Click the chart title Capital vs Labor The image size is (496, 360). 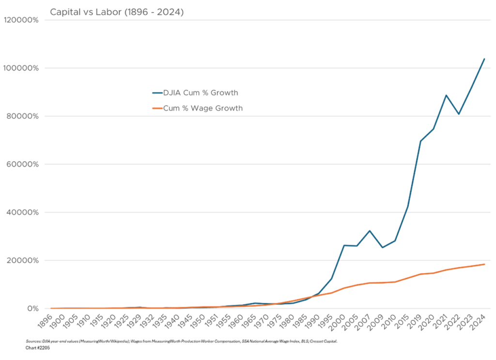click(117, 12)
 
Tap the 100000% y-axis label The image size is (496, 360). click(21, 68)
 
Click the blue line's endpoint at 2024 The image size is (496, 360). click(484, 59)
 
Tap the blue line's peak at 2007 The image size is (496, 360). click(370, 231)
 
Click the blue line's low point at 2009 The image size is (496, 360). click(383, 247)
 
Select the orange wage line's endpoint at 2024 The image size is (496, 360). click(484, 264)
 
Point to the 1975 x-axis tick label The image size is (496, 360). click(275, 321)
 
